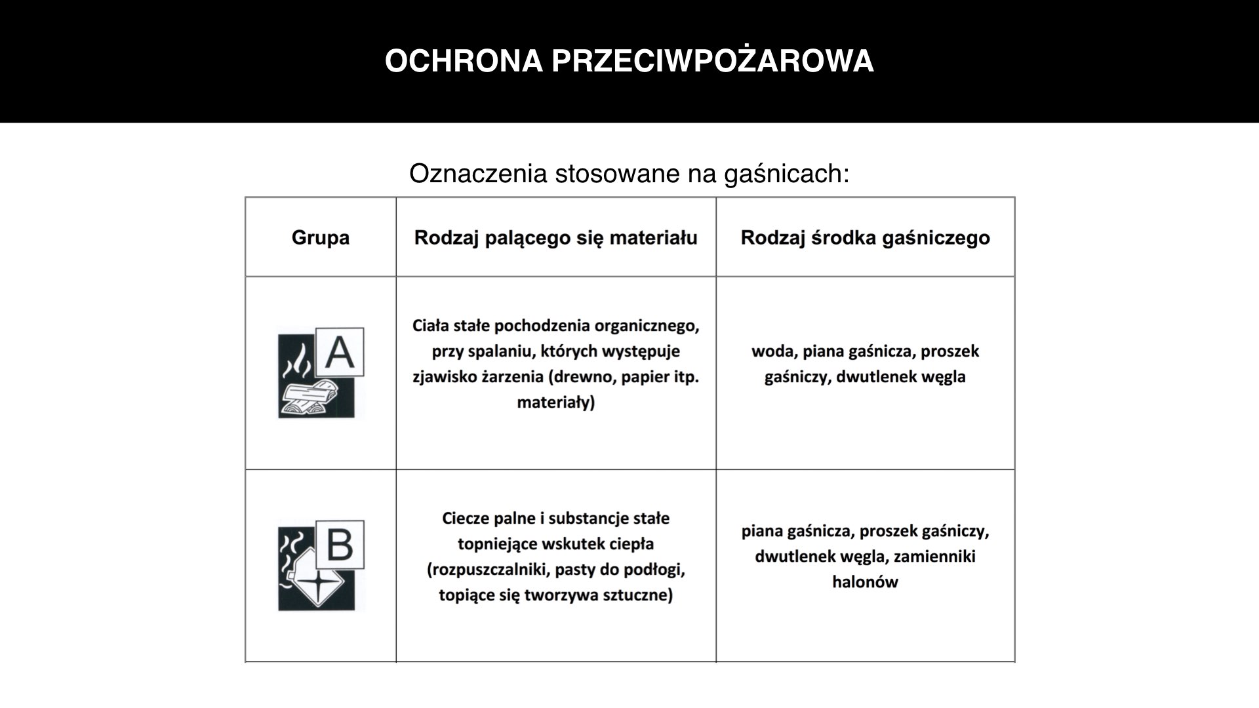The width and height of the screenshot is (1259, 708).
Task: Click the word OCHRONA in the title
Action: pos(464,61)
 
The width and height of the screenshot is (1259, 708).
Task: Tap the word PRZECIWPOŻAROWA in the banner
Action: pos(713,61)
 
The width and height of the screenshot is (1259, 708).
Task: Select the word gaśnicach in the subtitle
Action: pos(787,174)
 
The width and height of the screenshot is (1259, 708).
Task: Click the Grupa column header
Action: pos(320,237)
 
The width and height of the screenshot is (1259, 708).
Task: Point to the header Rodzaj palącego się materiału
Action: pos(555,237)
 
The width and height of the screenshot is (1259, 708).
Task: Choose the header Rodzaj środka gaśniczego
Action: pos(865,237)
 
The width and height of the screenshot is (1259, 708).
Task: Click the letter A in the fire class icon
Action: pos(340,353)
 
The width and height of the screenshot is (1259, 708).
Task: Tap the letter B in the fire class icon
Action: pos(340,545)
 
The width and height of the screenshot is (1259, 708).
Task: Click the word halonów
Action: pos(865,582)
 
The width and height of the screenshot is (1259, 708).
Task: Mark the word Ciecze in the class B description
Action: pos(466,519)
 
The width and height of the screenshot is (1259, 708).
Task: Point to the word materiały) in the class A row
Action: pos(555,403)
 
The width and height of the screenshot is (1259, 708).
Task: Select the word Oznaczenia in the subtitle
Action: pos(478,174)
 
